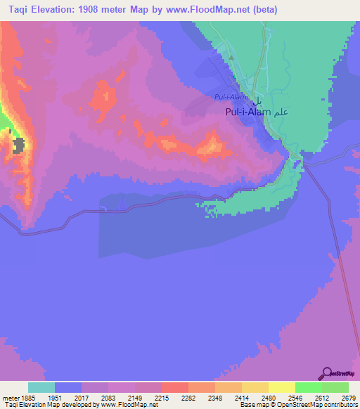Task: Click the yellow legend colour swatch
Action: pos(281,387)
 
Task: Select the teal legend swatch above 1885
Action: pos(41,387)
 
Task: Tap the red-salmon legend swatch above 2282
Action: pos(174,387)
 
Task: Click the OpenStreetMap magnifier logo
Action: pos(326,373)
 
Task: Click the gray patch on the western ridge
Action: pos(19,145)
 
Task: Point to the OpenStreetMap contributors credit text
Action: pos(316,405)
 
